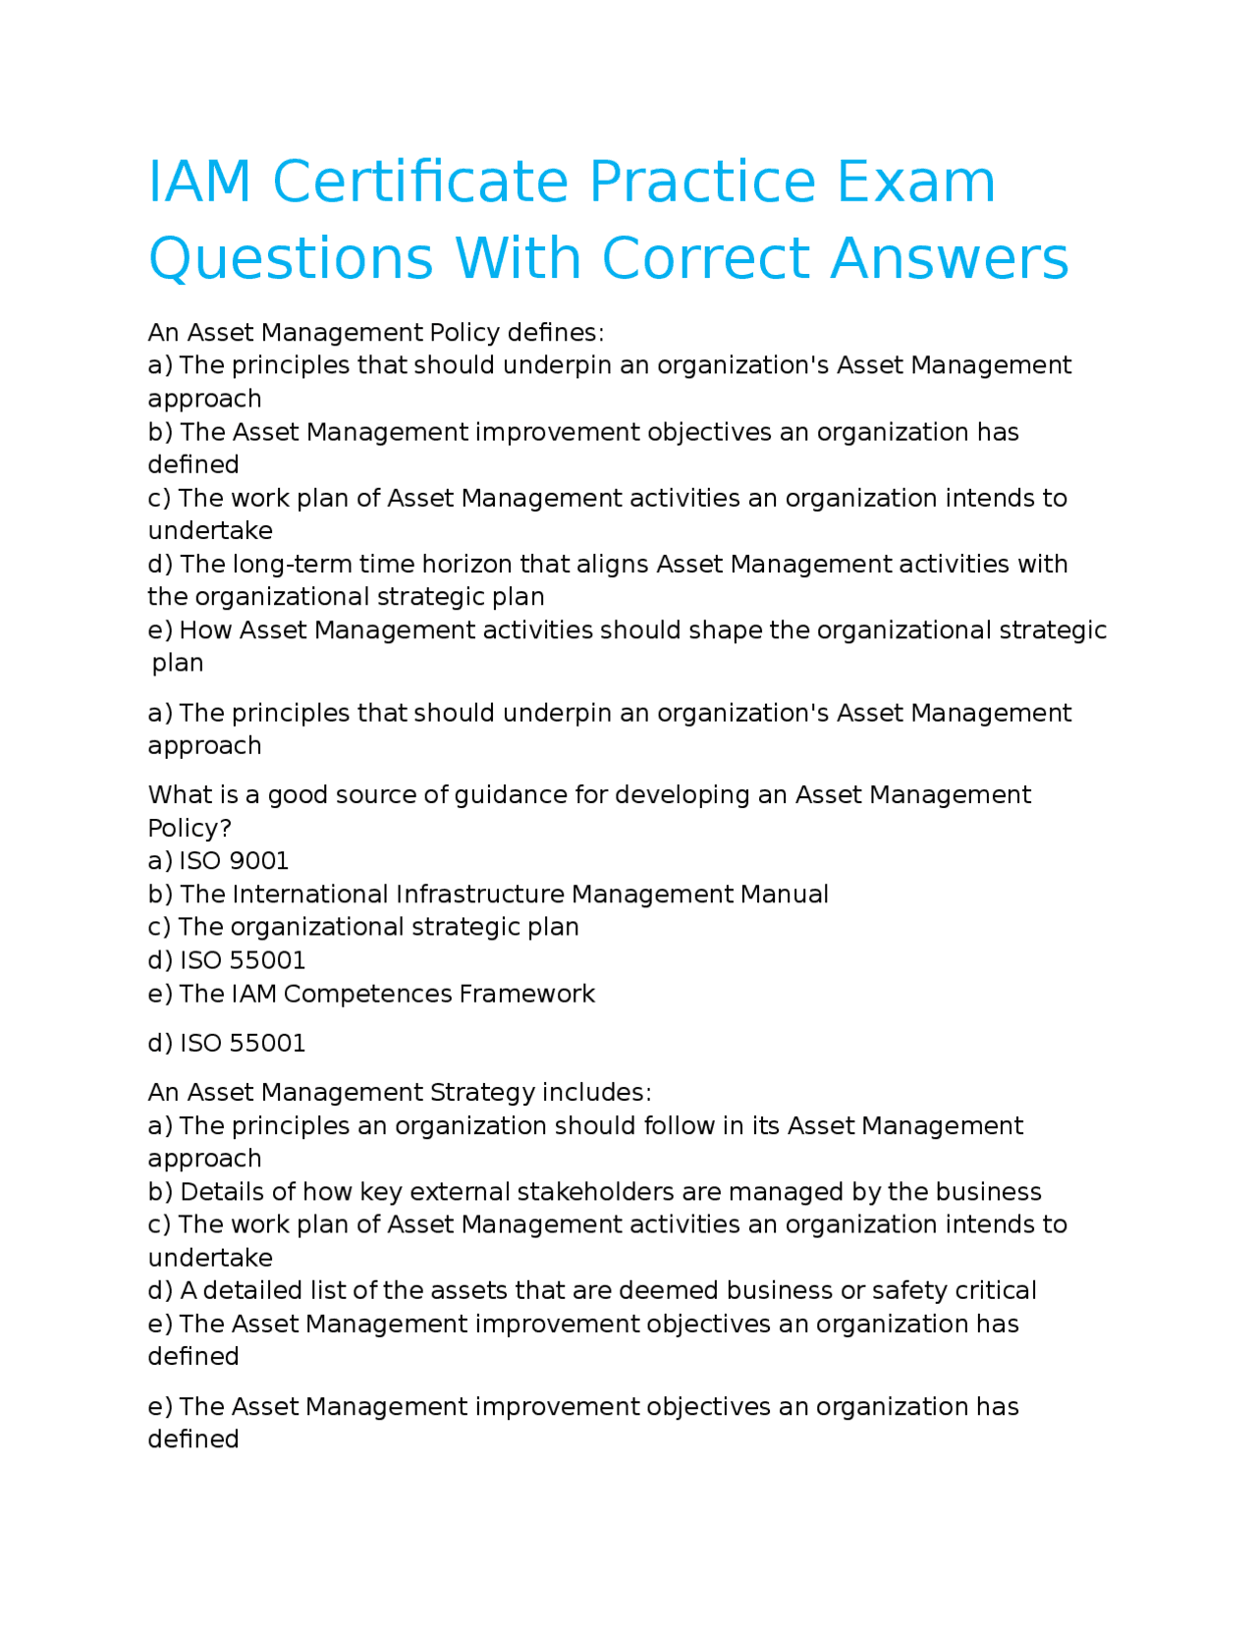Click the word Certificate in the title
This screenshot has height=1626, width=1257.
[x=420, y=183]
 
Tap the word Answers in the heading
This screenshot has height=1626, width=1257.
[x=949, y=259]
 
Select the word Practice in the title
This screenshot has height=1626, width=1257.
[x=702, y=183]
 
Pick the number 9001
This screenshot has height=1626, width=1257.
[x=257, y=861]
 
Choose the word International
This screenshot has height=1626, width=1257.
[x=310, y=894]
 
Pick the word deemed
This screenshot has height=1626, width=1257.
[x=678, y=1291]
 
